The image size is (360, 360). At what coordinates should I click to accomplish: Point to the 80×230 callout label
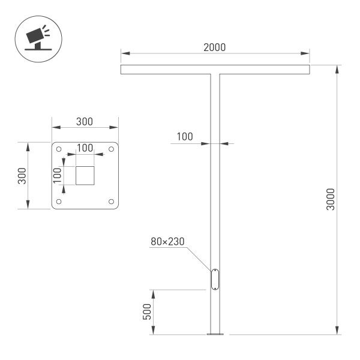pyautogui.click(x=167, y=242)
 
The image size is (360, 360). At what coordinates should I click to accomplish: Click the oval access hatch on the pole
pyautogui.click(x=215, y=280)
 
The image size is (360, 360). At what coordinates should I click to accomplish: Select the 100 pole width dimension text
pyautogui.click(x=185, y=137)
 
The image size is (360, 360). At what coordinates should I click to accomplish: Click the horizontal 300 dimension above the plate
pyautogui.click(x=85, y=122)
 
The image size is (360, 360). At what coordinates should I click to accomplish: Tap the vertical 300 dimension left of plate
pyautogui.click(x=22, y=176)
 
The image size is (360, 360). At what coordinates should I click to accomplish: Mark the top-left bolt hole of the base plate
pyautogui.click(x=59, y=149)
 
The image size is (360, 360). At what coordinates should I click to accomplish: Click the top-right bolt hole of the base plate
pyautogui.click(x=111, y=149)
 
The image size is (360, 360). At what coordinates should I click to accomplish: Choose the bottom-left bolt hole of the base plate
pyautogui.click(x=59, y=202)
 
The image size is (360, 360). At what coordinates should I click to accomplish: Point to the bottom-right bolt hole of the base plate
pyautogui.click(x=111, y=202)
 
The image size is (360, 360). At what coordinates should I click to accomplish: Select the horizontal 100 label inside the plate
pyautogui.click(x=85, y=148)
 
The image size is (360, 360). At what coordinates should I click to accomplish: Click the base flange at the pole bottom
pyautogui.click(x=215, y=333)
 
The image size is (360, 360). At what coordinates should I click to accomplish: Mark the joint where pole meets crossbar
pyautogui.click(x=215, y=75)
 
